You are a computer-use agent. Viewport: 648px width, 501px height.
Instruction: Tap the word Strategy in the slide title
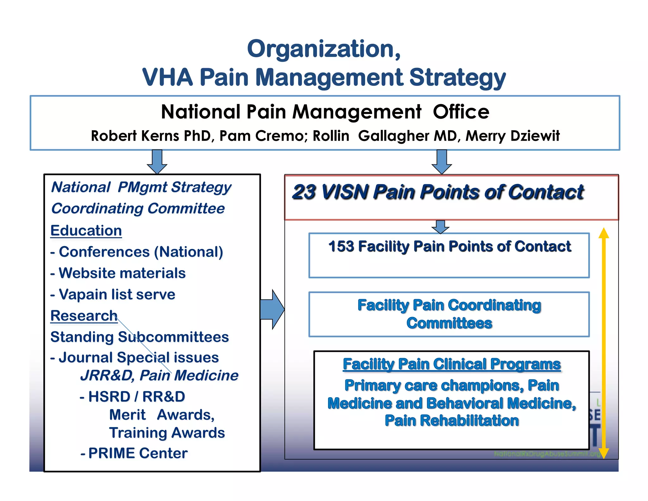click(x=457, y=78)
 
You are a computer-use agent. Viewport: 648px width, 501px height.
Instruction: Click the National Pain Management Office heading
click(x=325, y=112)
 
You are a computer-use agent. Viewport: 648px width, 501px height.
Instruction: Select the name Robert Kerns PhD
click(x=151, y=136)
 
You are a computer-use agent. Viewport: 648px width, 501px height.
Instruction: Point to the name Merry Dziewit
click(x=513, y=136)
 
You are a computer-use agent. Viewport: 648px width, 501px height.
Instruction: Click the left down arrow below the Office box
click(x=157, y=161)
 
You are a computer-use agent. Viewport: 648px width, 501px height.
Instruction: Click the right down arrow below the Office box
click(x=441, y=161)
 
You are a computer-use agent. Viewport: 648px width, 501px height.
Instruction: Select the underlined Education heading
click(x=86, y=231)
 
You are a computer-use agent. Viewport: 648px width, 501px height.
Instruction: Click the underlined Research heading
click(x=84, y=316)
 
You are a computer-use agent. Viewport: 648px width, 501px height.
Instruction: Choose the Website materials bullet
click(x=122, y=273)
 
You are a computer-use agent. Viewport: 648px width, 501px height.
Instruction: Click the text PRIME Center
click(x=138, y=453)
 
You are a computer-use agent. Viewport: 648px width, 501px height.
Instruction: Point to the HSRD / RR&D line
click(x=136, y=397)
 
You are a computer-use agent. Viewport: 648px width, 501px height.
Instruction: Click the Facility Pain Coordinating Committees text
click(x=449, y=314)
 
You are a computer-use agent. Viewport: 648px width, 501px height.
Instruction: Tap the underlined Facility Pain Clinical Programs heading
click(x=452, y=365)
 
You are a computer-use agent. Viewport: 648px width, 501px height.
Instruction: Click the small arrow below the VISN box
click(x=440, y=227)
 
